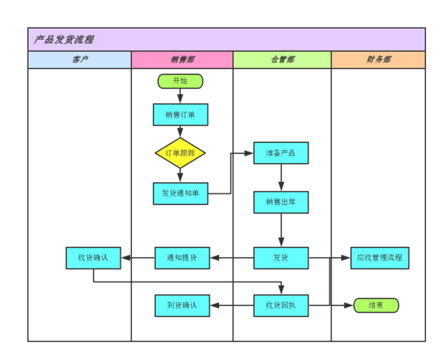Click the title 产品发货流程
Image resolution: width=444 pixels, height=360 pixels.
click(64, 40)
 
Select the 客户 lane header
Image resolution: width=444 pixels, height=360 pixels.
click(80, 60)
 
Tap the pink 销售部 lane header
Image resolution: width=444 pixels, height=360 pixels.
click(182, 60)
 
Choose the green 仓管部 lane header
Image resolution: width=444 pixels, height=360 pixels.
click(282, 60)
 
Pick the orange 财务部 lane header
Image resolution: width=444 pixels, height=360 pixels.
click(378, 60)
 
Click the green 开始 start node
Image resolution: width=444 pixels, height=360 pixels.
click(180, 81)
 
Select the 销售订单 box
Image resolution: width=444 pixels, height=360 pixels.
click(180, 114)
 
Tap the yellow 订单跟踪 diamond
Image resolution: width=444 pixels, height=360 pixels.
click(180, 153)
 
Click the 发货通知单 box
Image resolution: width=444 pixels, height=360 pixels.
click(180, 193)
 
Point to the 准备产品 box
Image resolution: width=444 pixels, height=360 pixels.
click(281, 153)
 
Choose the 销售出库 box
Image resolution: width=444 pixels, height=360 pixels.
click(281, 202)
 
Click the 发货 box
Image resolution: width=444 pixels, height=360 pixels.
click(281, 258)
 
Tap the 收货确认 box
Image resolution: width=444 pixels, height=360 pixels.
click(93, 258)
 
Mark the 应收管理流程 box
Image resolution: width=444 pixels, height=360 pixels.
click(380, 258)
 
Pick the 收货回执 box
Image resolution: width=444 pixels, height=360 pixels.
click(281, 305)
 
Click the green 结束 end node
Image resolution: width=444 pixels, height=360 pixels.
click(376, 305)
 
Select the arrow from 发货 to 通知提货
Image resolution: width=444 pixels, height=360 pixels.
click(231, 258)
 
